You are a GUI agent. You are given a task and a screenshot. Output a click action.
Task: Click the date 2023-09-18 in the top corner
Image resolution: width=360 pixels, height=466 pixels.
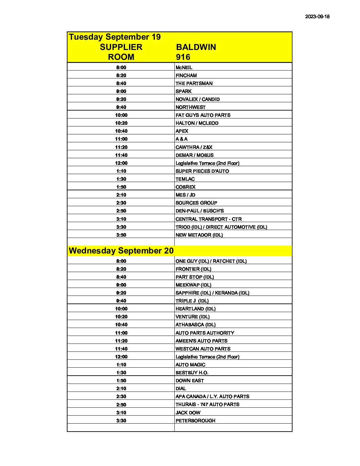317,17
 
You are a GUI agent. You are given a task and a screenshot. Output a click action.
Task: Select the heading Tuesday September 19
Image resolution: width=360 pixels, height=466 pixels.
114,37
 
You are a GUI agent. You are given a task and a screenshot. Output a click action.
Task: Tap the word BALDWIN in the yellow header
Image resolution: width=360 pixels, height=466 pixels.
196,47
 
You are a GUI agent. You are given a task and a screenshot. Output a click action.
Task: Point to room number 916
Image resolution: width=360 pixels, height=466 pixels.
183,57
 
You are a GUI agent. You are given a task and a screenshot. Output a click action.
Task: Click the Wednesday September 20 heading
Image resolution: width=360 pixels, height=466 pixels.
121,251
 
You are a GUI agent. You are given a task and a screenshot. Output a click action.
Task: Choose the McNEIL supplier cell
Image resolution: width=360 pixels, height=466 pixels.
184,68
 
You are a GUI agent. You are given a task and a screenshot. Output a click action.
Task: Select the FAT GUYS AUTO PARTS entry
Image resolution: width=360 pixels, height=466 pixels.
203,115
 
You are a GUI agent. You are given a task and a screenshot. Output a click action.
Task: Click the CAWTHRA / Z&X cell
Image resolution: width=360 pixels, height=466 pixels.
194,147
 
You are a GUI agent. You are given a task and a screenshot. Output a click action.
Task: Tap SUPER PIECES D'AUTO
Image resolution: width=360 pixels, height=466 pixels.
202,171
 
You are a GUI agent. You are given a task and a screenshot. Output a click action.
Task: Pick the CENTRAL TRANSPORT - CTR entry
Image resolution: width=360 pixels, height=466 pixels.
208,219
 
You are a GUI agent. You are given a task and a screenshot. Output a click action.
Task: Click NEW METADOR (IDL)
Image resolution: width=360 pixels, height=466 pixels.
199,235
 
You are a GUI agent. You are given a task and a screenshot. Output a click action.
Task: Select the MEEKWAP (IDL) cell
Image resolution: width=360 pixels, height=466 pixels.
193,285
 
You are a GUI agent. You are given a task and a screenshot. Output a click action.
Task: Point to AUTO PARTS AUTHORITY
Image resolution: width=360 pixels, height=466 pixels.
205,333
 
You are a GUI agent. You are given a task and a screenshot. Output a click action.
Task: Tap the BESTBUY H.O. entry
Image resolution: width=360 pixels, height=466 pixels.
192,373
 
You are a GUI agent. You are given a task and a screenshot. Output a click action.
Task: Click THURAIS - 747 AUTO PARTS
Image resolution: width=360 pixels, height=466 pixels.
207,404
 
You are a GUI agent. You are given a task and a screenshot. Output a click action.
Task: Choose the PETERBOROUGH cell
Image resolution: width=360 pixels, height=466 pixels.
196,421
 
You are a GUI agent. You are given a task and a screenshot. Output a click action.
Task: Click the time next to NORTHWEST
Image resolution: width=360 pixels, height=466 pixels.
121,107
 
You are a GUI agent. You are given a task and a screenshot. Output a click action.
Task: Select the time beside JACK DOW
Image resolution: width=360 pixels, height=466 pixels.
121,413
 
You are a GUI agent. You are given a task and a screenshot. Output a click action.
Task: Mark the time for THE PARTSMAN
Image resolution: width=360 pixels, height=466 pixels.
121,83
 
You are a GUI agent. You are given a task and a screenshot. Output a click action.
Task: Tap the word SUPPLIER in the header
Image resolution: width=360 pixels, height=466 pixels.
121,47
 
